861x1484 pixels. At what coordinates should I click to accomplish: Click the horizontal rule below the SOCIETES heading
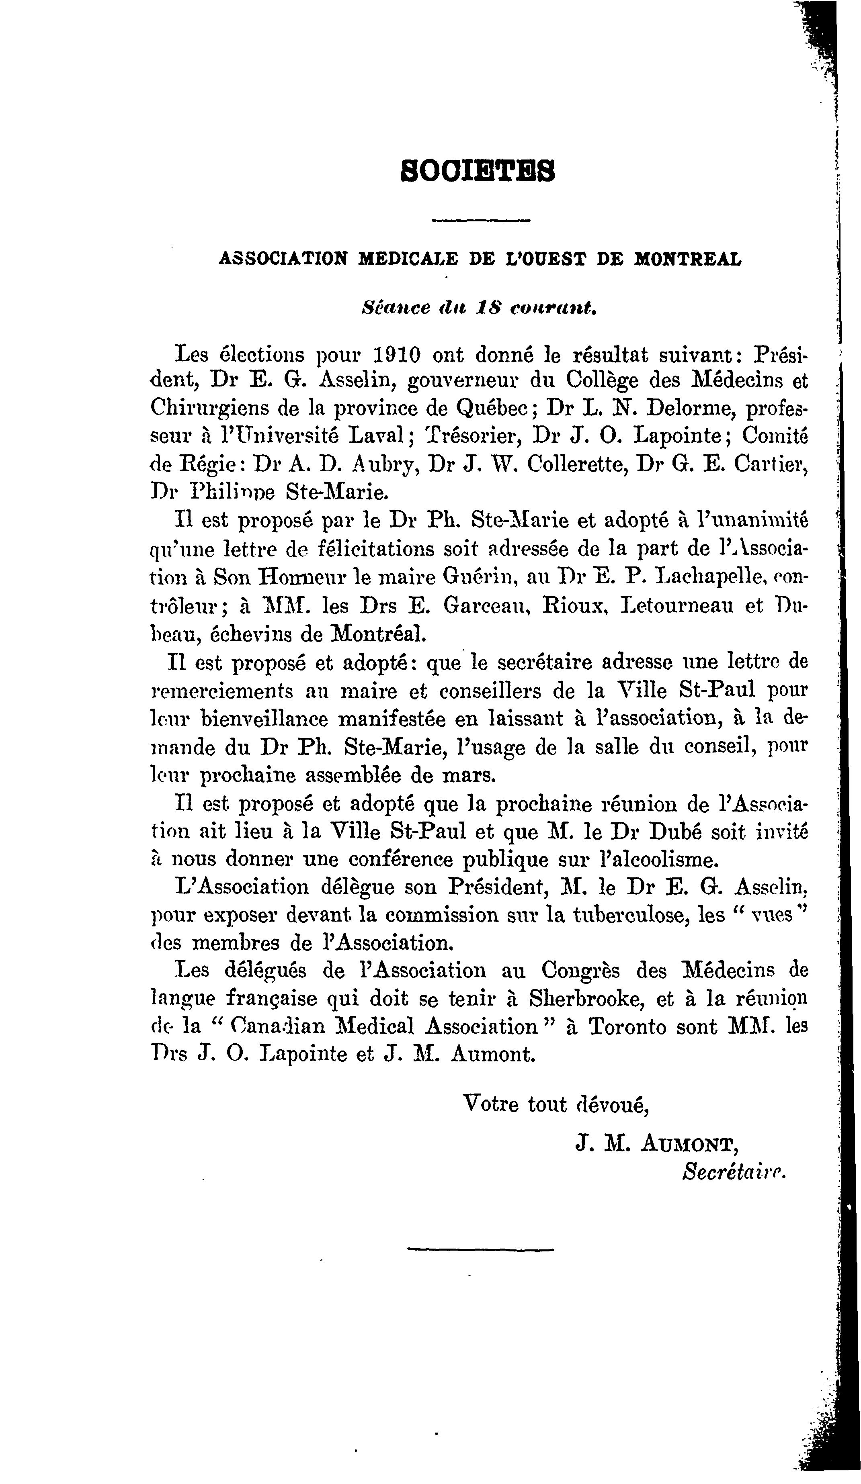(481, 221)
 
